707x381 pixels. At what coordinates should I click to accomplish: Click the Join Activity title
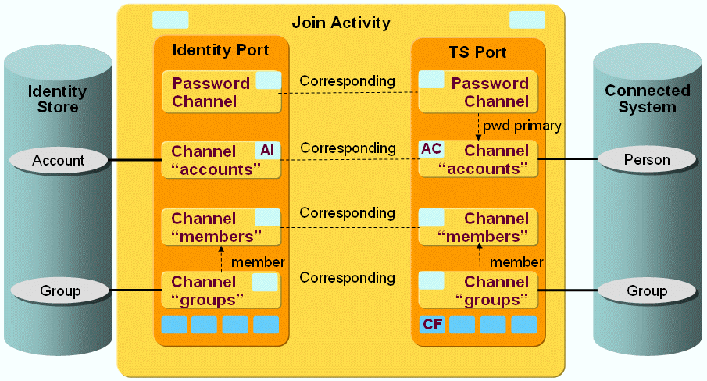pyautogui.click(x=341, y=23)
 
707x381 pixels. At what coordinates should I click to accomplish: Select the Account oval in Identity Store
pyautogui.click(x=59, y=161)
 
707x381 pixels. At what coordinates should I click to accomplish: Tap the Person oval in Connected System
pyautogui.click(x=647, y=160)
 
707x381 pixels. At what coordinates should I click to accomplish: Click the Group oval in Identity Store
pyautogui.click(x=59, y=291)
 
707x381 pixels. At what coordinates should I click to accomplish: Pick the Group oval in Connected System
pyautogui.click(x=647, y=291)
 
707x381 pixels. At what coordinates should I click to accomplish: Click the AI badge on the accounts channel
pyautogui.click(x=266, y=150)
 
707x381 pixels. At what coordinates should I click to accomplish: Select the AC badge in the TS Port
pyautogui.click(x=431, y=149)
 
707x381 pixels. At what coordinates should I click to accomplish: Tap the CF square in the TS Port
pyautogui.click(x=432, y=324)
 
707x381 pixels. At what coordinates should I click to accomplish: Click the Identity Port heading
pyautogui.click(x=220, y=51)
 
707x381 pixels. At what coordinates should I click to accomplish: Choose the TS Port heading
pyautogui.click(x=477, y=53)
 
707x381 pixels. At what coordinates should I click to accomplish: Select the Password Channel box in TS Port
pyautogui.click(x=477, y=92)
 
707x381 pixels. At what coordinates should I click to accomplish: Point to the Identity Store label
pyautogui.click(x=58, y=99)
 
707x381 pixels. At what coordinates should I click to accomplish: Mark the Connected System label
pyautogui.click(x=648, y=99)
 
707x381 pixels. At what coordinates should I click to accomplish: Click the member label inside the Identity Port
pyautogui.click(x=258, y=262)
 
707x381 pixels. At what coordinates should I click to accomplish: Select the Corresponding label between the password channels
pyautogui.click(x=348, y=81)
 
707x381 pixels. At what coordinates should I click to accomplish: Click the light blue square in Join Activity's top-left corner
pyautogui.click(x=170, y=20)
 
